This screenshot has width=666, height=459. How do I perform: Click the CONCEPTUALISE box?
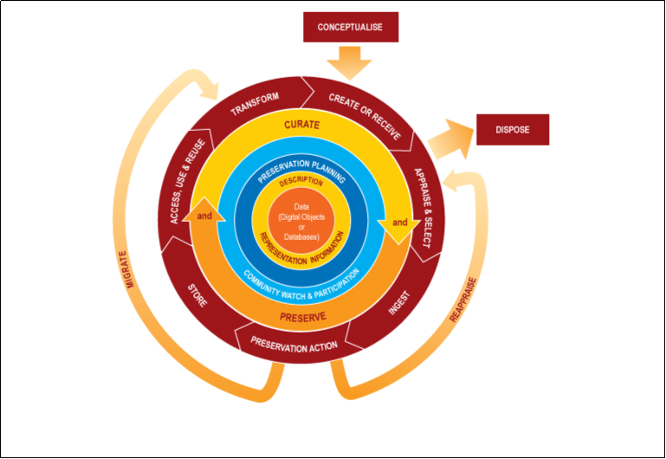point(351,27)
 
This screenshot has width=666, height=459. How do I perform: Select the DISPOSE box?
point(512,130)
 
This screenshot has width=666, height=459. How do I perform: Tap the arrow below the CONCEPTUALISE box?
point(350,61)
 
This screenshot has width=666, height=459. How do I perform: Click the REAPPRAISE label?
point(463,300)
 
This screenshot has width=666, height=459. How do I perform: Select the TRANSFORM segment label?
point(255,104)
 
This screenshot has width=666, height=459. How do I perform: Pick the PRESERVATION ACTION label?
point(294,346)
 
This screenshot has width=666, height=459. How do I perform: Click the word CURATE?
point(302,125)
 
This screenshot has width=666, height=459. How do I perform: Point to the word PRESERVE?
point(303,317)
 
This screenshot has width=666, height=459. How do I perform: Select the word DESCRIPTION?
point(301,183)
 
